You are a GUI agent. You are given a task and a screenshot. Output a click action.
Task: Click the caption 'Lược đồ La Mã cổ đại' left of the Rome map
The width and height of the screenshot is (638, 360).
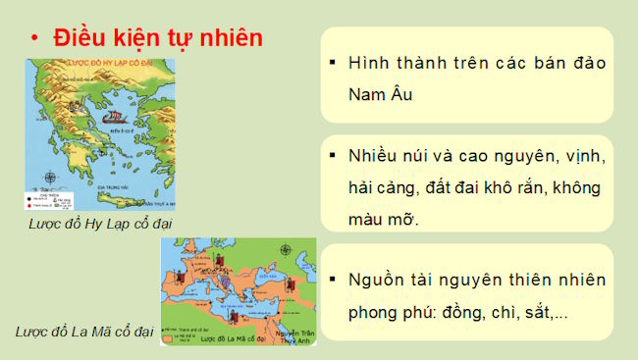pos(84,332)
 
